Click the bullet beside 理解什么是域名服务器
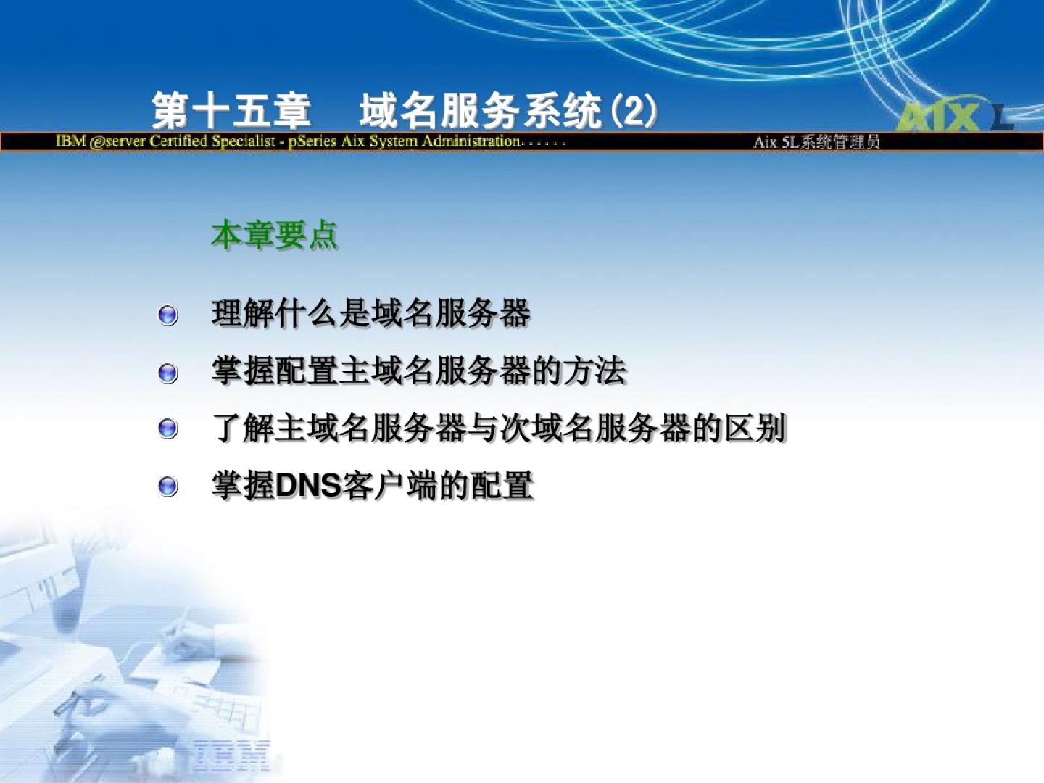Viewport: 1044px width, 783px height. coord(167,315)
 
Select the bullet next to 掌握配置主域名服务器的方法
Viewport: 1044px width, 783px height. coord(167,373)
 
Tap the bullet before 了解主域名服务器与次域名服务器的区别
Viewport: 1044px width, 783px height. coord(167,429)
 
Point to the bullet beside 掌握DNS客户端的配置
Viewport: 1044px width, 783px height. coord(167,486)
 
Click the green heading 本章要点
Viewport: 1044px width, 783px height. coord(275,235)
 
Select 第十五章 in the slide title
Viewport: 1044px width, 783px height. coord(231,111)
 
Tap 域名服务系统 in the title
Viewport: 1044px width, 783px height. coord(481,111)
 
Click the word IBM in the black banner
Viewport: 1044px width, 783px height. coord(71,141)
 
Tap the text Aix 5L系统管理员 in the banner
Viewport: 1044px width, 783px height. coord(816,142)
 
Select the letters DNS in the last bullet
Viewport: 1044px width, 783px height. coord(309,486)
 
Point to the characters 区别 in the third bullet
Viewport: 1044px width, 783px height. coord(755,428)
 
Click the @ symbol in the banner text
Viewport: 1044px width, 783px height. coord(96,141)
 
